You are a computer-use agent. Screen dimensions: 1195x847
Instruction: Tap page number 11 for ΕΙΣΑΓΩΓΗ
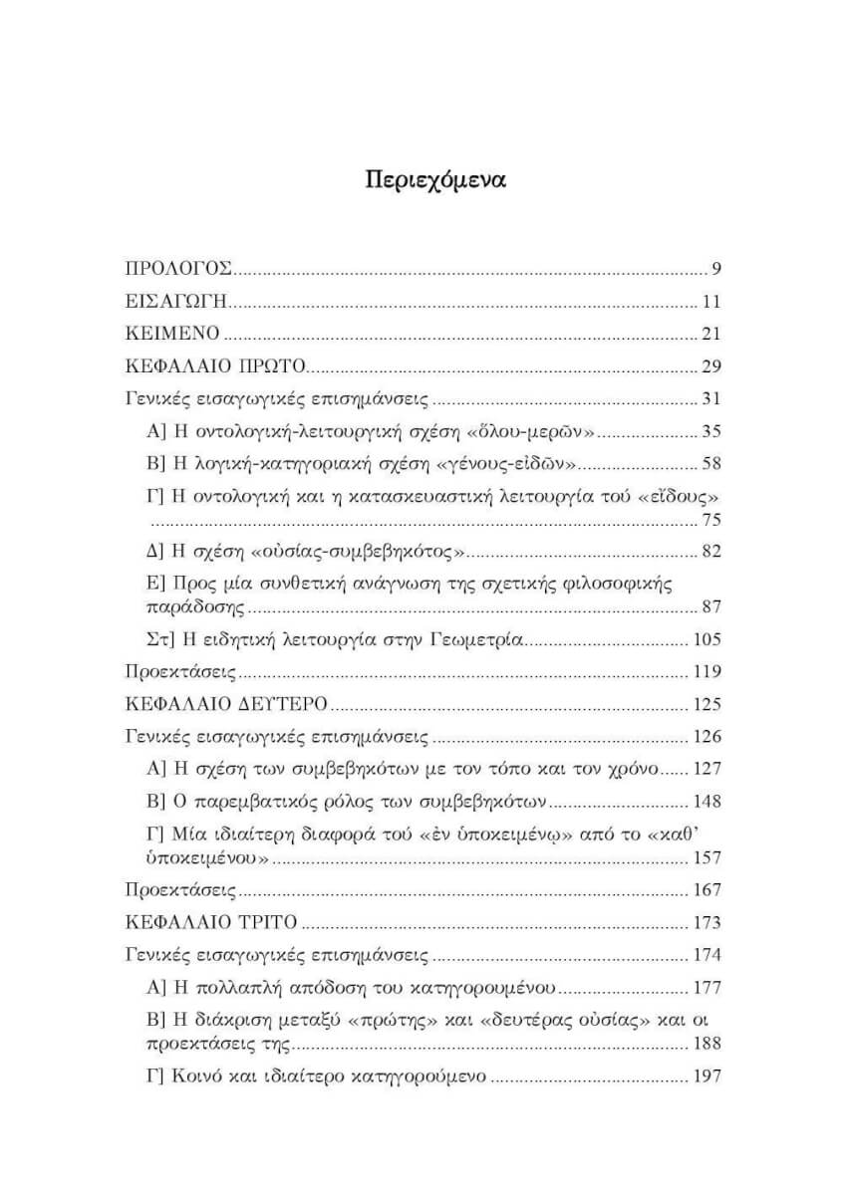click(710, 301)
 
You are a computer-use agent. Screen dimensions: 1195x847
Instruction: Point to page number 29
click(710, 366)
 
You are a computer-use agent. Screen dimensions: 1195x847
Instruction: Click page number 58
click(710, 464)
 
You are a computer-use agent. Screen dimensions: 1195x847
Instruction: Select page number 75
click(710, 519)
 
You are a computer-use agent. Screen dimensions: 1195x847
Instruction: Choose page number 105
click(706, 639)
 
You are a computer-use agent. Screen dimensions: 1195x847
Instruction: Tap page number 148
click(706, 802)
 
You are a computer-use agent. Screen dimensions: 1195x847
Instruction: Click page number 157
click(706, 857)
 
